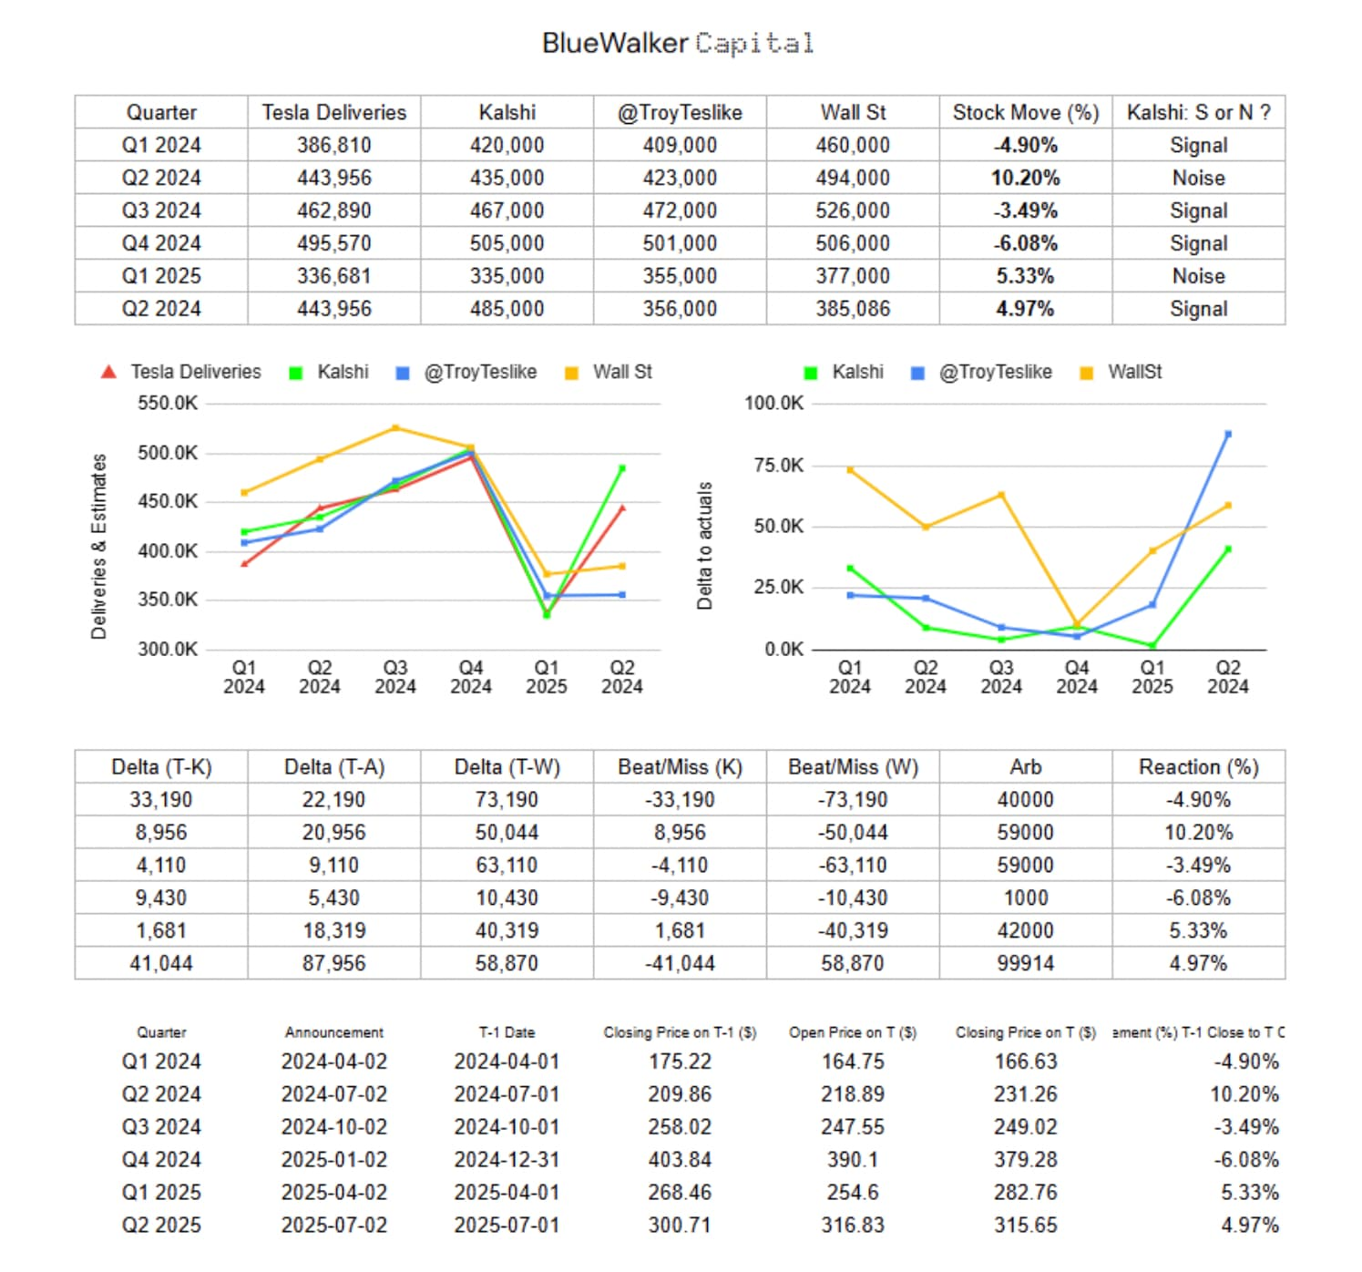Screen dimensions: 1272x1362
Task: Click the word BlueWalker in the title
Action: tap(615, 43)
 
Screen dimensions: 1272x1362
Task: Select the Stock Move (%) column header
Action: tap(1025, 112)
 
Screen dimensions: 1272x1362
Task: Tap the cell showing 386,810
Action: tap(333, 145)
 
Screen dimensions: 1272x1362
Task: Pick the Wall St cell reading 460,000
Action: tap(852, 145)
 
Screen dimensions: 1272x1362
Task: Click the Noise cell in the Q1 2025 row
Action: tap(1198, 276)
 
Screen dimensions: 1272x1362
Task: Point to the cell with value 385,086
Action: tap(852, 309)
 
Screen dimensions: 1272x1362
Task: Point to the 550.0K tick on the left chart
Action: tap(168, 403)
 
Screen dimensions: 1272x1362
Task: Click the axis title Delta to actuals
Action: tap(704, 545)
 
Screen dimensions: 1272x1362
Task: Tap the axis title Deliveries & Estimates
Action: tap(98, 546)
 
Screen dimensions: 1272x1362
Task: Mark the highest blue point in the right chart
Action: tap(1228, 435)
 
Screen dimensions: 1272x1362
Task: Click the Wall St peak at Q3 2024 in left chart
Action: tap(395, 427)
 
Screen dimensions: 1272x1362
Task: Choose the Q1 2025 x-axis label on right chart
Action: tap(1152, 677)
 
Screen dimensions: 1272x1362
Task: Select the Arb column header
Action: tap(1025, 767)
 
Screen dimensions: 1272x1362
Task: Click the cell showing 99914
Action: tap(1025, 963)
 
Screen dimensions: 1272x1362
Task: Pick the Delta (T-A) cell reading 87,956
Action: tap(333, 963)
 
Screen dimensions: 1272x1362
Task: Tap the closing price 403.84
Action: tap(679, 1159)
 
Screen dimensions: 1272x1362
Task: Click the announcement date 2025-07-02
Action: tap(333, 1225)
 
